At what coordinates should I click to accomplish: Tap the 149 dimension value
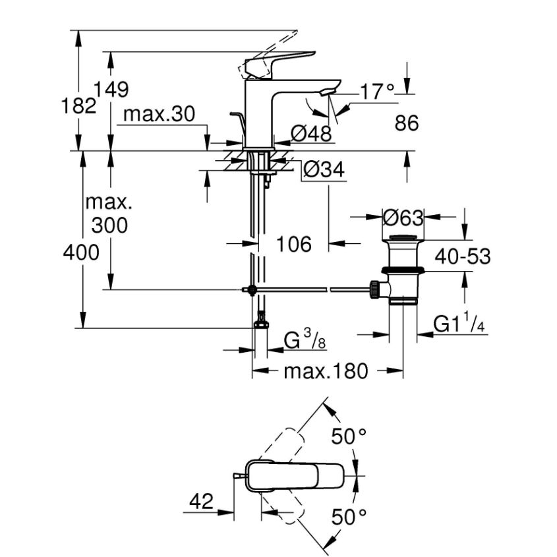(x=111, y=89)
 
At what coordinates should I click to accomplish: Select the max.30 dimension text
(x=160, y=115)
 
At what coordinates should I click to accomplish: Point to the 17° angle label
(x=376, y=92)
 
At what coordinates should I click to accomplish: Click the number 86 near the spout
(x=405, y=123)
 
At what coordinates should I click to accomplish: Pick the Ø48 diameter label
(x=310, y=134)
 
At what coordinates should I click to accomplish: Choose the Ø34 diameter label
(x=324, y=170)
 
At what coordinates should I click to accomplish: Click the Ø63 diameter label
(x=402, y=216)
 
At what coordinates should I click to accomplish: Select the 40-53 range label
(x=461, y=256)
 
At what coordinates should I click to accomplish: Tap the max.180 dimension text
(x=325, y=372)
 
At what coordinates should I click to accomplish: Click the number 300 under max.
(x=109, y=225)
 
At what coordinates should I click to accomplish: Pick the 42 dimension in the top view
(x=201, y=502)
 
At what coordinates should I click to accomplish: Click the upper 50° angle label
(x=348, y=436)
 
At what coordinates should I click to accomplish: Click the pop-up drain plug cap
(x=403, y=238)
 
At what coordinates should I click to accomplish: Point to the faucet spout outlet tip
(x=327, y=92)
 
